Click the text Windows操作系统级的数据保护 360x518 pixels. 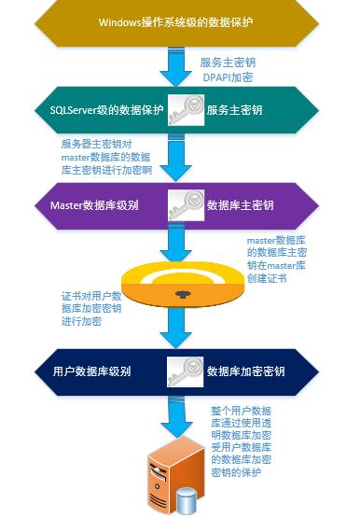point(177,21)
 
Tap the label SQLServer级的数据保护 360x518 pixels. point(107,110)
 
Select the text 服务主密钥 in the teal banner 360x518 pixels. point(235,110)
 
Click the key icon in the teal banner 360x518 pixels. point(187,110)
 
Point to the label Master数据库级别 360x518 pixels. point(95,203)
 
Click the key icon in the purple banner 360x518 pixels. point(187,203)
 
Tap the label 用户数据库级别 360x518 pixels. point(91,371)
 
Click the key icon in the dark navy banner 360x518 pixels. point(187,371)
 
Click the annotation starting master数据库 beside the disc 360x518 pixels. point(279,259)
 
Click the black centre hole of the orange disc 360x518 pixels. point(178,293)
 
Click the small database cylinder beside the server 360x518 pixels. point(187,502)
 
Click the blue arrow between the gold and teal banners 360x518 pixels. point(176,66)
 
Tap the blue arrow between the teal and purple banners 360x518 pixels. point(178,157)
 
